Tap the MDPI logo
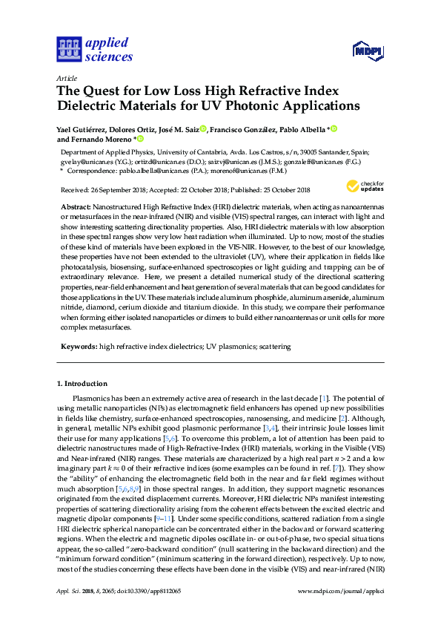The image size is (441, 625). (x=367, y=50)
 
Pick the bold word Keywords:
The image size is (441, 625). (x=78, y=347)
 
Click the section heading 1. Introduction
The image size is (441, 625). (x=82, y=385)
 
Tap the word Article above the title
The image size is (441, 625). (x=65, y=77)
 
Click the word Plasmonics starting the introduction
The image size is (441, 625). (x=95, y=400)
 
